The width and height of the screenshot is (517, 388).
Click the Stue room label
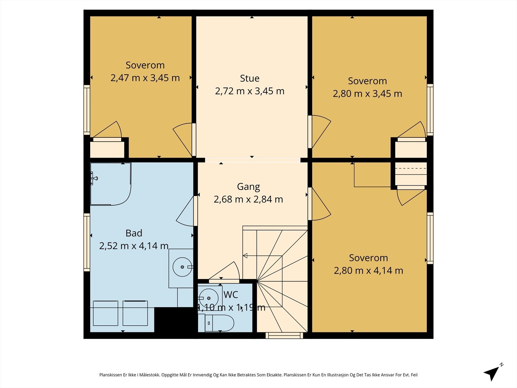tap(250, 78)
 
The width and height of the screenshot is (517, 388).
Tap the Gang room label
tap(248, 187)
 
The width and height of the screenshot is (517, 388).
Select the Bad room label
tap(134, 233)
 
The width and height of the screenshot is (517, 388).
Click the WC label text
tap(231, 295)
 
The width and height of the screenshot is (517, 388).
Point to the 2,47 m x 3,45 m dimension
tap(145, 78)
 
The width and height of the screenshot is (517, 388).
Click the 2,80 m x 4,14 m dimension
tap(368, 270)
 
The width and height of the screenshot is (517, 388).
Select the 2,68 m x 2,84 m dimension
tap(248, 199)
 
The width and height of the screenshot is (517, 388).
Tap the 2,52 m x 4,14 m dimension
tap(134, 246)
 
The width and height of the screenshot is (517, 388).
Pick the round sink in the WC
tap(209, 298)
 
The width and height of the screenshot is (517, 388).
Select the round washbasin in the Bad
tap(182, 267)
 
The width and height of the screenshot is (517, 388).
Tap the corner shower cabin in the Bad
tap(111, 184)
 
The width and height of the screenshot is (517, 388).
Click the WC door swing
tap(224, 271)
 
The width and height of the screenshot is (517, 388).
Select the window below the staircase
tap(284, 336)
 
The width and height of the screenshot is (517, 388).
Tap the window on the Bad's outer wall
tap(87, 242)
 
